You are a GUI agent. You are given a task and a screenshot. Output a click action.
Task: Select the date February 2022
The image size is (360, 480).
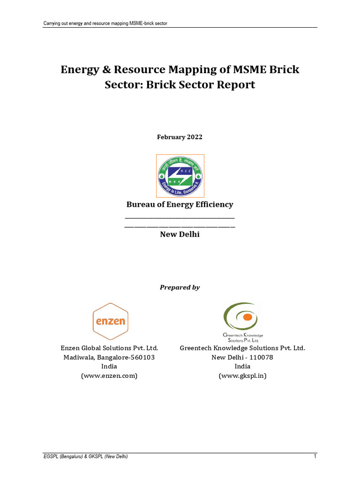[x=180, y=137]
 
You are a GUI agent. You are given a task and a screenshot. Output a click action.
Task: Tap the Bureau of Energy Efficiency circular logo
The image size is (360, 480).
[x=180, y=176]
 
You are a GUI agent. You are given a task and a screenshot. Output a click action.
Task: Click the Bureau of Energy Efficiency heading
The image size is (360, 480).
[x=180, y=204]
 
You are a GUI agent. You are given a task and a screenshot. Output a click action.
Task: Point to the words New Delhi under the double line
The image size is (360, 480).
[x=180, y=234]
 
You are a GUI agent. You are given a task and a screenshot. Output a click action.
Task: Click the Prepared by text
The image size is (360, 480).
[x=180, y=287]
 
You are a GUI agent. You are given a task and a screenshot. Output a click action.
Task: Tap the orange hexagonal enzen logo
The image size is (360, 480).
[x=111, y=321]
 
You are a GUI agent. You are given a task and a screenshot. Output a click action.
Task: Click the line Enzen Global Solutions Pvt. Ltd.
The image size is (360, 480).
[x=109, y=348]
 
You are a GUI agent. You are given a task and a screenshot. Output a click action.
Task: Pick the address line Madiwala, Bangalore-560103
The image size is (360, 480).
[x=109, y=357]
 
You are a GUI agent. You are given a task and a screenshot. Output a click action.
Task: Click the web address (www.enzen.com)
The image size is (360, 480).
[x=109, y=376]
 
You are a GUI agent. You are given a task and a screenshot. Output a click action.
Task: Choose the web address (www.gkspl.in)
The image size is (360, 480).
[x=242, y=376]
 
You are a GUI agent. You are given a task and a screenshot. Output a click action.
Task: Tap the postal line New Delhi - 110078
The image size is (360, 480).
[x=242, y=357]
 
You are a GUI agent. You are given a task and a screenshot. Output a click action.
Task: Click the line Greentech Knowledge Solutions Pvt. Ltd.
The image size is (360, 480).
[x=242, y=348]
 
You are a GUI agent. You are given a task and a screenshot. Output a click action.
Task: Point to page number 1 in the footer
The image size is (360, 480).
[x=315, y=457]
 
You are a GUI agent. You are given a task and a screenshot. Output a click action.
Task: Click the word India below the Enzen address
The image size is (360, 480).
[x=109, y=367]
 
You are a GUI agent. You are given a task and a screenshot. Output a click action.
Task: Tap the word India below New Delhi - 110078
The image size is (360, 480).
[x=242, y=367]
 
